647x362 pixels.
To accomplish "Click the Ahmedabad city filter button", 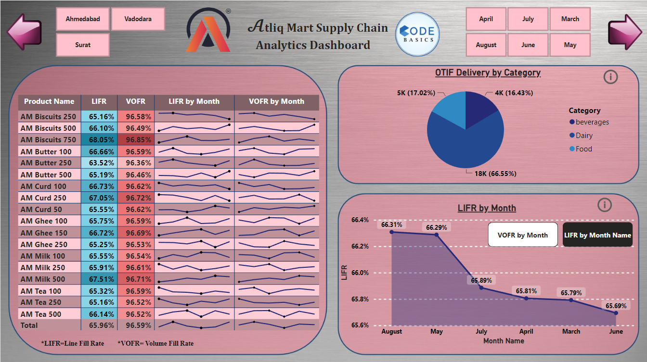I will click(83, 19).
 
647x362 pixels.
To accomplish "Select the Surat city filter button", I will click(83, 45).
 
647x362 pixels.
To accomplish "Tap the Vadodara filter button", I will click(138, 19).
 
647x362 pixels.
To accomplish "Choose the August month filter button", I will click(486, 45).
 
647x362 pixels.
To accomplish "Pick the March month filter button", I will click(570, 19).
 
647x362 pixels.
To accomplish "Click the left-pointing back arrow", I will click(24, 32).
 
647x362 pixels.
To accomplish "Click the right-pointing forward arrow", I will click(625, 32).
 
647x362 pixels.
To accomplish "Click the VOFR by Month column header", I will click(276, 101).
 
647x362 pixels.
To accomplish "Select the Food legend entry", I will click(583, 149).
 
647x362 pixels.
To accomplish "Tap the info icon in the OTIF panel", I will click(610, 77).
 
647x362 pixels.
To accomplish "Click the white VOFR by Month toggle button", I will click(522, 235).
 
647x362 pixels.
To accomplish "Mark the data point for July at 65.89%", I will click(481, 287).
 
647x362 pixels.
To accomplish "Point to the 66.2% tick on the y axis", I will click(360, 247).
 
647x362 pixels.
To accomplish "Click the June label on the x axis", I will click(616, 331).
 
